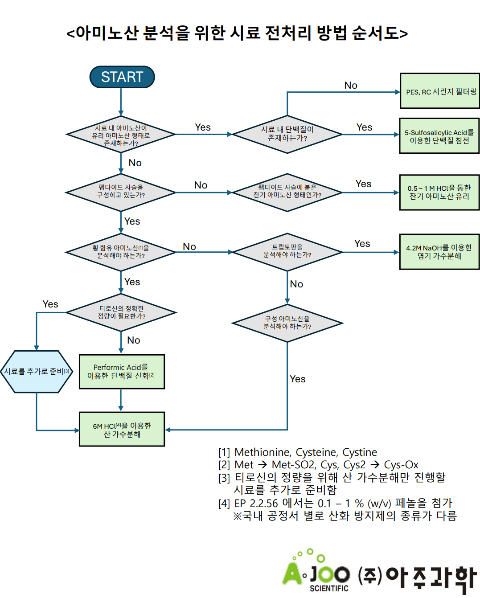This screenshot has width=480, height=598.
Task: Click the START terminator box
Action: tap(122, 77)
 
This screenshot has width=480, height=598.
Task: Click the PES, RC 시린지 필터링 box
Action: tap(439, 91)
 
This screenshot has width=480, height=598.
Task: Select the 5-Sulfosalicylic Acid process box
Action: tap(439, 136)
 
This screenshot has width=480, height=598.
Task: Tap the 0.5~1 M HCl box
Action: tap(439, 192)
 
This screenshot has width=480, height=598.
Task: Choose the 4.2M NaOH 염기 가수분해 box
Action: tap(439, 252)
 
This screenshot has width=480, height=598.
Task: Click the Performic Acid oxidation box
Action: tap(121, 372)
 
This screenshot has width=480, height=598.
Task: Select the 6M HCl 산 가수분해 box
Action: tap(121, 429)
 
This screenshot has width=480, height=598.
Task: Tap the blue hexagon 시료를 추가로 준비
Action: tap(37, 372)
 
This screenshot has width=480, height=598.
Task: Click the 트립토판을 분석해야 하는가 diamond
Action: tap(287, 252)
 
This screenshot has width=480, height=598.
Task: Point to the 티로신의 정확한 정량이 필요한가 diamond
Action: tap(121, 312)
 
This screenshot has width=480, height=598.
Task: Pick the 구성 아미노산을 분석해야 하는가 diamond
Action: tap(287, 323)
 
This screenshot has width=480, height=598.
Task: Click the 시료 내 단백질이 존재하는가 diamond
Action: tap(287, 134)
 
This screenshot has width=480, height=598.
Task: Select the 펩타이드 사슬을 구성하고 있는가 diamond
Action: tap(121, 192)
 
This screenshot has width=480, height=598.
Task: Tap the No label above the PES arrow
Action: tap(351, 85)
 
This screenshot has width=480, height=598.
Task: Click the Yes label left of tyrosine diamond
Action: tap(50, 304)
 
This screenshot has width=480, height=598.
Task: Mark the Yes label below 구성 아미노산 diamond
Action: tap(298, 379)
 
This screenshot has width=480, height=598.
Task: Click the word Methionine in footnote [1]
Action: tap(263, 452)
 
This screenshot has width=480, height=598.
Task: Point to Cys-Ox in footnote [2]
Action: tap(401, 465)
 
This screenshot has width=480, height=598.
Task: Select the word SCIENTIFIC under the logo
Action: tap(329, 588)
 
